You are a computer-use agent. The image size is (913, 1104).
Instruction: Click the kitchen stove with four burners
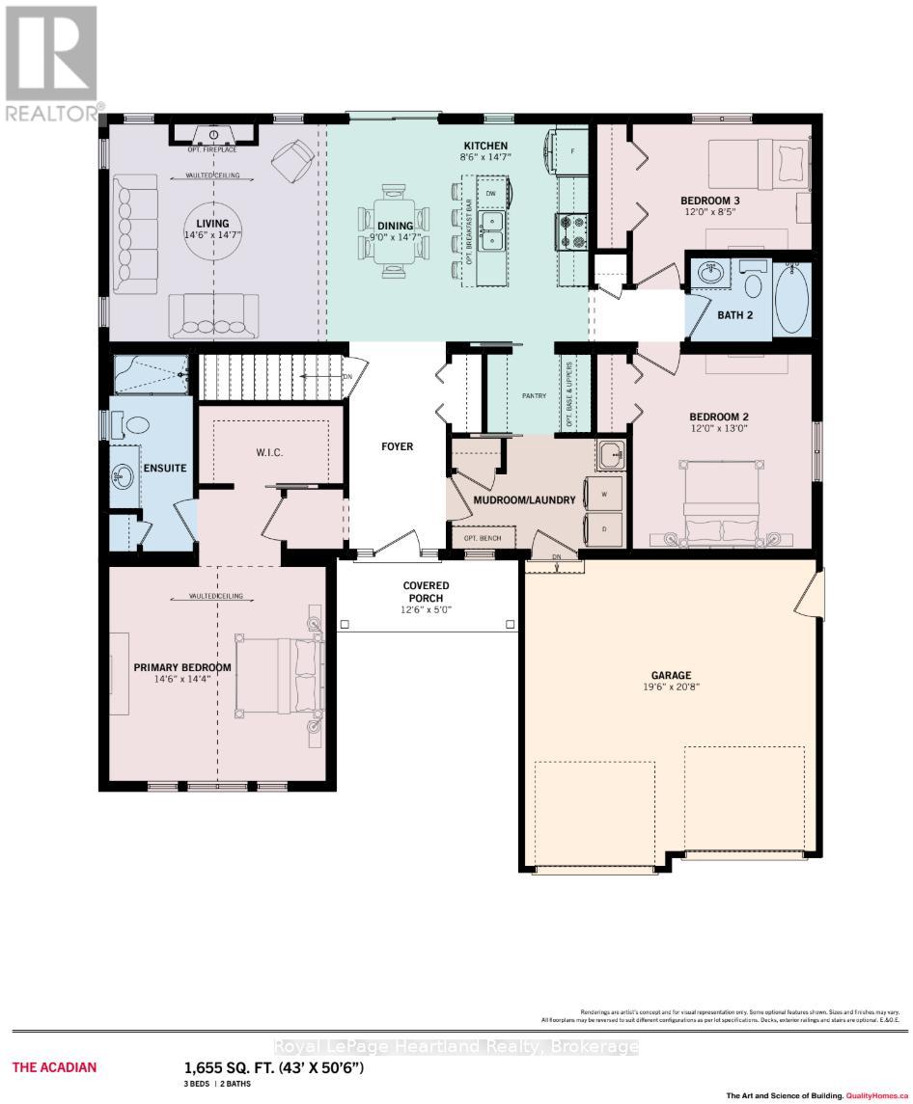click(571, 231)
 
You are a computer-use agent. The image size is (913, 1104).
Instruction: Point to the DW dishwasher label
click(490, 193)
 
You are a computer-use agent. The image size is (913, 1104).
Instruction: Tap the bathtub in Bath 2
click(793, 296)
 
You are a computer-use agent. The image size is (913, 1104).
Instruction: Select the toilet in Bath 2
click(754, 281)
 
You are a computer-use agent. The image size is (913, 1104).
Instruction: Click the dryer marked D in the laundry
click(604, 529)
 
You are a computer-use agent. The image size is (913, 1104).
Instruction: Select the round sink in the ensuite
click(124, 475)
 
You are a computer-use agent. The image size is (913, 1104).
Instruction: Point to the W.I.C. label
click(269, 452)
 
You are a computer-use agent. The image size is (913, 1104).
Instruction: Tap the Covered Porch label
click(426, 591)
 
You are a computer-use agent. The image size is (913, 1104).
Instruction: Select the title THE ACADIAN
click(54, 1066)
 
